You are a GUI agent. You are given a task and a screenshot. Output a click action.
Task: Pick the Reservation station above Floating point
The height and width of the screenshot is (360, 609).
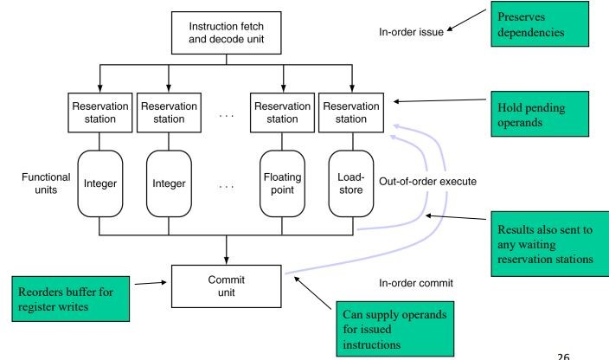[x=279, y=112]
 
